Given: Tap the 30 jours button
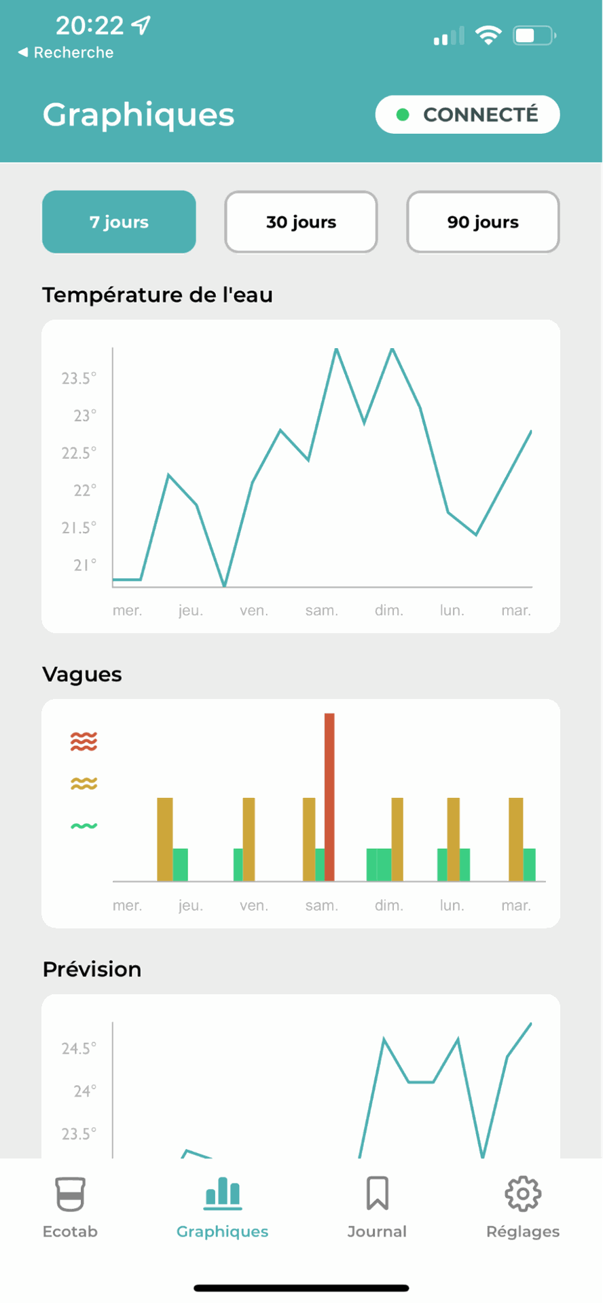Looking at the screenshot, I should tap(301, 222).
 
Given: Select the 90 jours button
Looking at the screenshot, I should tap(483, 222).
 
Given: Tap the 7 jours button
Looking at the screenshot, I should tap(119, 222).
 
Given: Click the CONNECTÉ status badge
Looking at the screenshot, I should tap(467, 115).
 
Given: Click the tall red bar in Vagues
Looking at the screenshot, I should tap(329, 797).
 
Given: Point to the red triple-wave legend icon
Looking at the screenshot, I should tap(84, 741).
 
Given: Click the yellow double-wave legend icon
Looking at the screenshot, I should tap(84, 784).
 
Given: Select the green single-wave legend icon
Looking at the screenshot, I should tap(84, 826).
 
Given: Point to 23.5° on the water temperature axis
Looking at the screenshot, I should tap(79, 378).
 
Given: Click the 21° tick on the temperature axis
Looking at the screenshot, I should tap(85, 565).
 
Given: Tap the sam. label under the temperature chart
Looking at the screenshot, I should tap(321, 611).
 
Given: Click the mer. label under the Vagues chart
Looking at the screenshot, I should tap(127, 905).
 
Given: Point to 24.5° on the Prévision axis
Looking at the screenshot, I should tap(79, 1049).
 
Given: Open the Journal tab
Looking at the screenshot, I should tap(377, 1207).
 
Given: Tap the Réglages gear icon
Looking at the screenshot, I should tap(523, 1194).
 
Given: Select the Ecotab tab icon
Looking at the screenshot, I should tap(70, 1194).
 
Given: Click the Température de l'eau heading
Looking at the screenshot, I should tap(158, 295).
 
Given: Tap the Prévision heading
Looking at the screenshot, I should tap(92, 969).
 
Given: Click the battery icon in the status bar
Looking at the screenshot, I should tap(534, 35).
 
